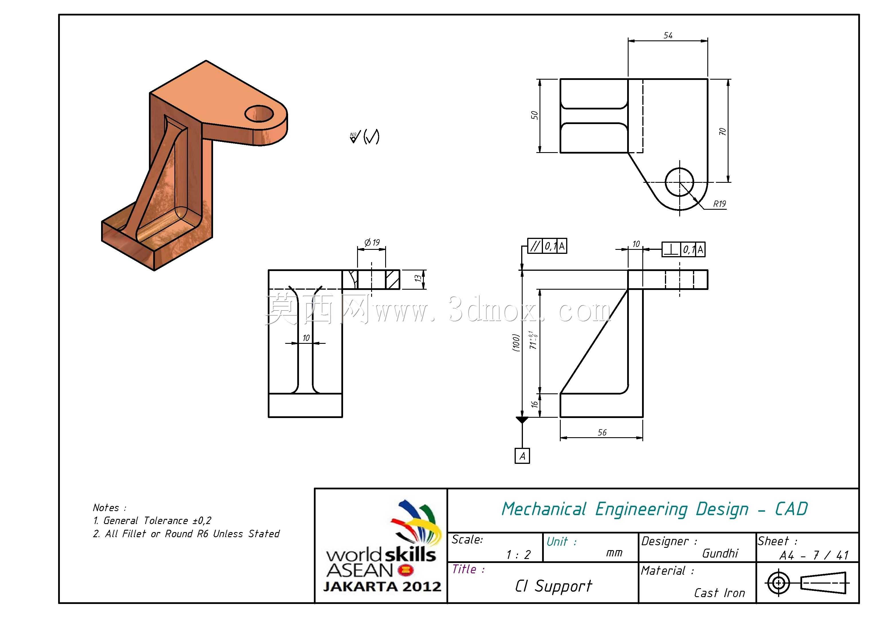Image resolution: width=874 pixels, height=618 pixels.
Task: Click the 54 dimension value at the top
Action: click(x=668, y=36)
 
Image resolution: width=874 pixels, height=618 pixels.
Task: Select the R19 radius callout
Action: click(x=719, y=204)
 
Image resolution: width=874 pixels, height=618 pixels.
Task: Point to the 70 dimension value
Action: click(x=722, y=132)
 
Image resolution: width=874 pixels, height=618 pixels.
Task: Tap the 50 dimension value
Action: click(x=534, y=115)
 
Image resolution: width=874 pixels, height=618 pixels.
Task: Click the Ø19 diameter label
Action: click(x=372, y=243)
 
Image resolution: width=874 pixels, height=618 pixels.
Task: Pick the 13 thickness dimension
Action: click(x=418, y=279)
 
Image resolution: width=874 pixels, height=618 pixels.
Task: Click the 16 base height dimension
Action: click(x=534, y=404)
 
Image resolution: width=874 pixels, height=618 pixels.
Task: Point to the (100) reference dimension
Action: click(x=516, y=343)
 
